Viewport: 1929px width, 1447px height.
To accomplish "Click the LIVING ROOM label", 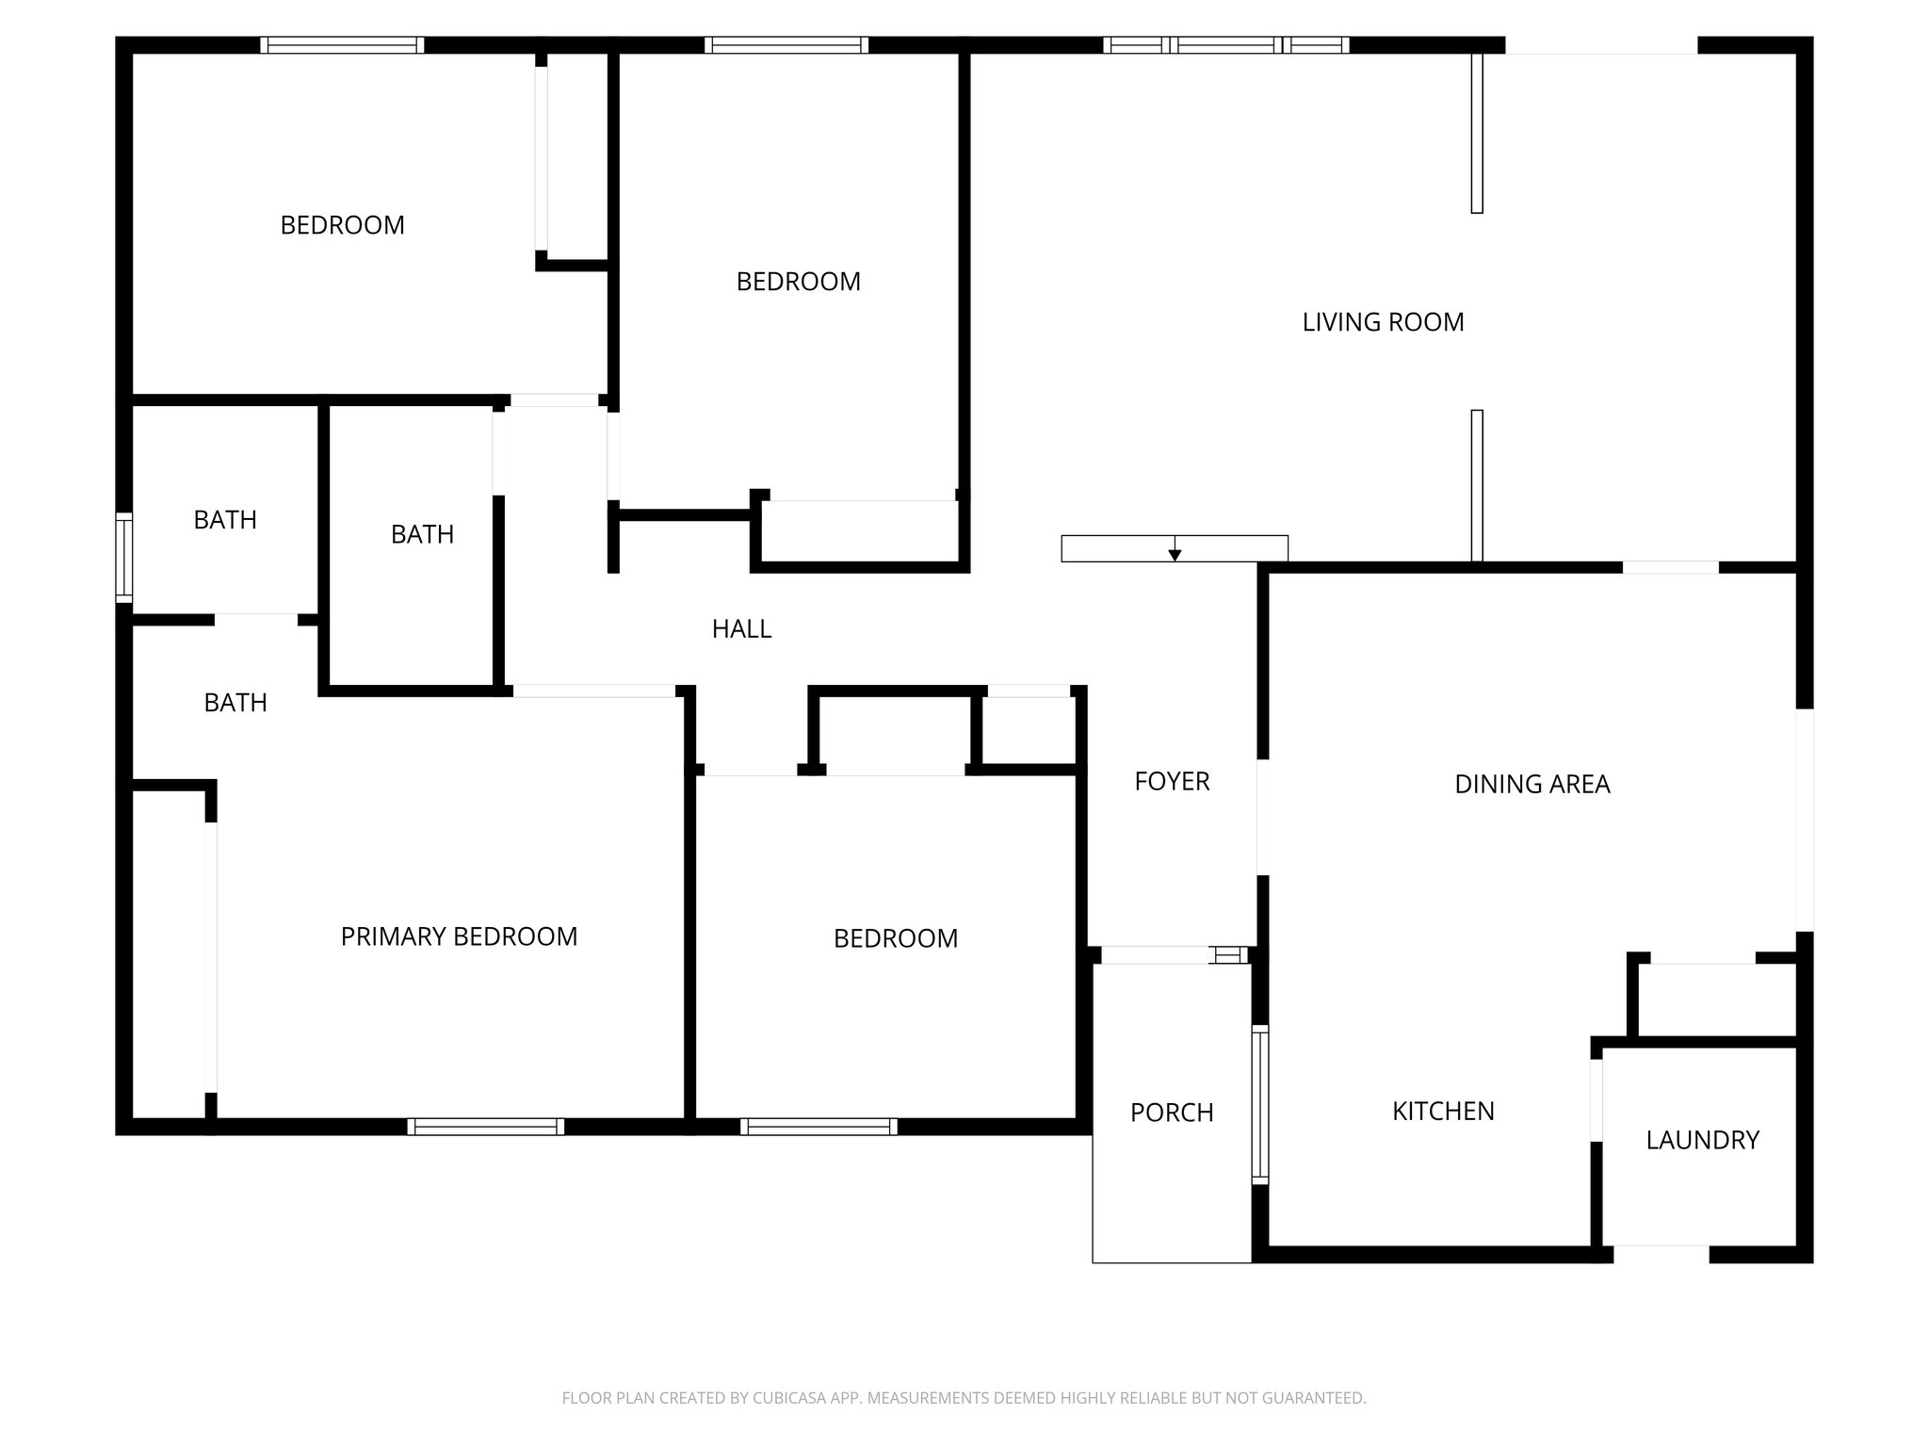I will tap(1383, 322).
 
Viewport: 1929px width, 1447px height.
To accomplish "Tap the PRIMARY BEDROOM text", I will tap(459, 936).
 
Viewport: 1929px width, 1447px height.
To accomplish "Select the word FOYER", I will tap(1172, 781).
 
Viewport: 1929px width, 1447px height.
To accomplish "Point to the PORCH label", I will tap(1172, 1113).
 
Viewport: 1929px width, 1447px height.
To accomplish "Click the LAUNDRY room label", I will tap(1702, 1140).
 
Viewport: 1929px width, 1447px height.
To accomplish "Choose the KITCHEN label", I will tap(1443, 1112).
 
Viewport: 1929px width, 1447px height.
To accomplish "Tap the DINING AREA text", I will tap(1532, 784).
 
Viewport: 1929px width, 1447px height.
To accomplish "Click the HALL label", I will tap(741, 628).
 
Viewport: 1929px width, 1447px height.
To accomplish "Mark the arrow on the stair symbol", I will tap(1175, 553).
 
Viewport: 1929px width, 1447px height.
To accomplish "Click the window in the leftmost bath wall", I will tap(124, 557).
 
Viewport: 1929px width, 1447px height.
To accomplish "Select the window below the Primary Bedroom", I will tap(486, 1127).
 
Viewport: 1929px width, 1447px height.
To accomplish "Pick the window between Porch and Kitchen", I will tap(1259, 1104).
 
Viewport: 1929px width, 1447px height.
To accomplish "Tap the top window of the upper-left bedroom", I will tap(342, 44).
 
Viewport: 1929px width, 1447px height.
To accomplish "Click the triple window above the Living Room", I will tap(1225, 44).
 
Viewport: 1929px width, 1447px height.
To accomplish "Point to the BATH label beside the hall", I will tap(422, 534).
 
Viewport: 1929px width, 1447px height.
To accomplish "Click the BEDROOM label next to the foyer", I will tap(895, 938).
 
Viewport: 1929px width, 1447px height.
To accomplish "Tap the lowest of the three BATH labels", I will tap(235, 703).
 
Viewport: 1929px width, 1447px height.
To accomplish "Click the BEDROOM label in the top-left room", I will tap(342, 225).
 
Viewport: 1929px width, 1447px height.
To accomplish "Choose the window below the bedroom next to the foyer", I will tap(819, 1127).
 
